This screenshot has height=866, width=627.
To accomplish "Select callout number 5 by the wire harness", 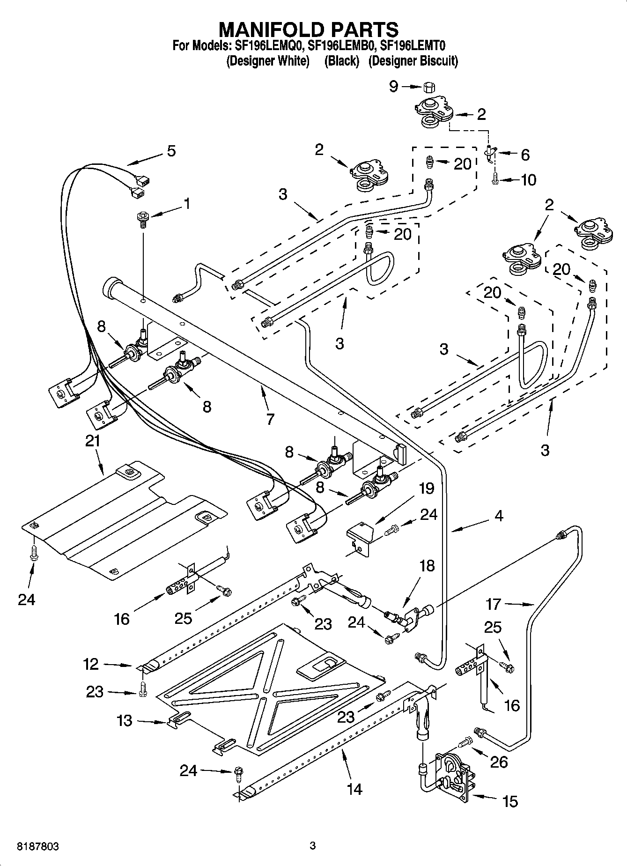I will click(x=171, y=151).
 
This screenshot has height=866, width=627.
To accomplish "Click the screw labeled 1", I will click(x=142, y=218).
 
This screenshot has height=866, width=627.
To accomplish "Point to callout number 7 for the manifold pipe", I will click(x=270, y=419).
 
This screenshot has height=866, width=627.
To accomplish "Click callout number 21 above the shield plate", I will click(x=93, y=441).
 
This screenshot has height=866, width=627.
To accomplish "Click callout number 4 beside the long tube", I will click(x=498, y=516).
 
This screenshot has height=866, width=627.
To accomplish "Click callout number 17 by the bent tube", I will click(x=493, y=604).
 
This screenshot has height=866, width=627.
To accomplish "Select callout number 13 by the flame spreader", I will click(x=125, y=720).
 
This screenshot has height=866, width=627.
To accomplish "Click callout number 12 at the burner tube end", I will click(x=91, y=664).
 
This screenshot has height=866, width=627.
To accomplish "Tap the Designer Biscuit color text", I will click(x=413, y=61).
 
